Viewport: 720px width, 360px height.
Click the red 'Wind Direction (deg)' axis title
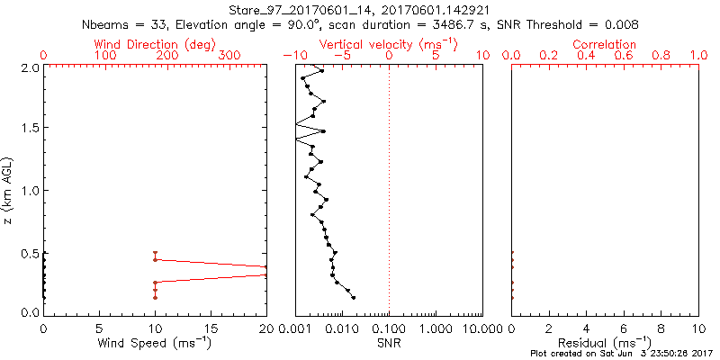point(156,44)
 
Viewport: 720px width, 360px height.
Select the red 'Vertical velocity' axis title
point(388,44)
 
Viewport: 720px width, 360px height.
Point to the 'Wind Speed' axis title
point(156,342)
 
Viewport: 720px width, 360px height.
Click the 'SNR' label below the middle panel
point(388,342)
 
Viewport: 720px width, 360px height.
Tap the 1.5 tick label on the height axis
point(30,129)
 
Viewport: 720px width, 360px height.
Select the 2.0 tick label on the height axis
point(30,67)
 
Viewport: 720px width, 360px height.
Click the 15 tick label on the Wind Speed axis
point(211,328)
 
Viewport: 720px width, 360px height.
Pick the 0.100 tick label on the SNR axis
point(389,328)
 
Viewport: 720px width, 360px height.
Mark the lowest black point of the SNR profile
point(354,297)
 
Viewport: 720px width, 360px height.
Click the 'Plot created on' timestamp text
point(622,354)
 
